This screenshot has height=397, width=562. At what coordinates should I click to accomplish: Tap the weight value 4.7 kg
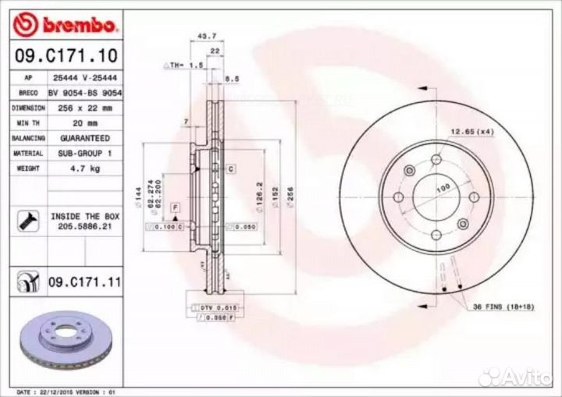coord(84,167)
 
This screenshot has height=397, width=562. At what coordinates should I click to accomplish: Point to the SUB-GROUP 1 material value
coord(84,153)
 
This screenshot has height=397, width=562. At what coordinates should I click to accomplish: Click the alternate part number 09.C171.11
coord(84,280)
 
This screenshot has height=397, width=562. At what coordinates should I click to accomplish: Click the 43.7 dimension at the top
coord(206,37)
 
